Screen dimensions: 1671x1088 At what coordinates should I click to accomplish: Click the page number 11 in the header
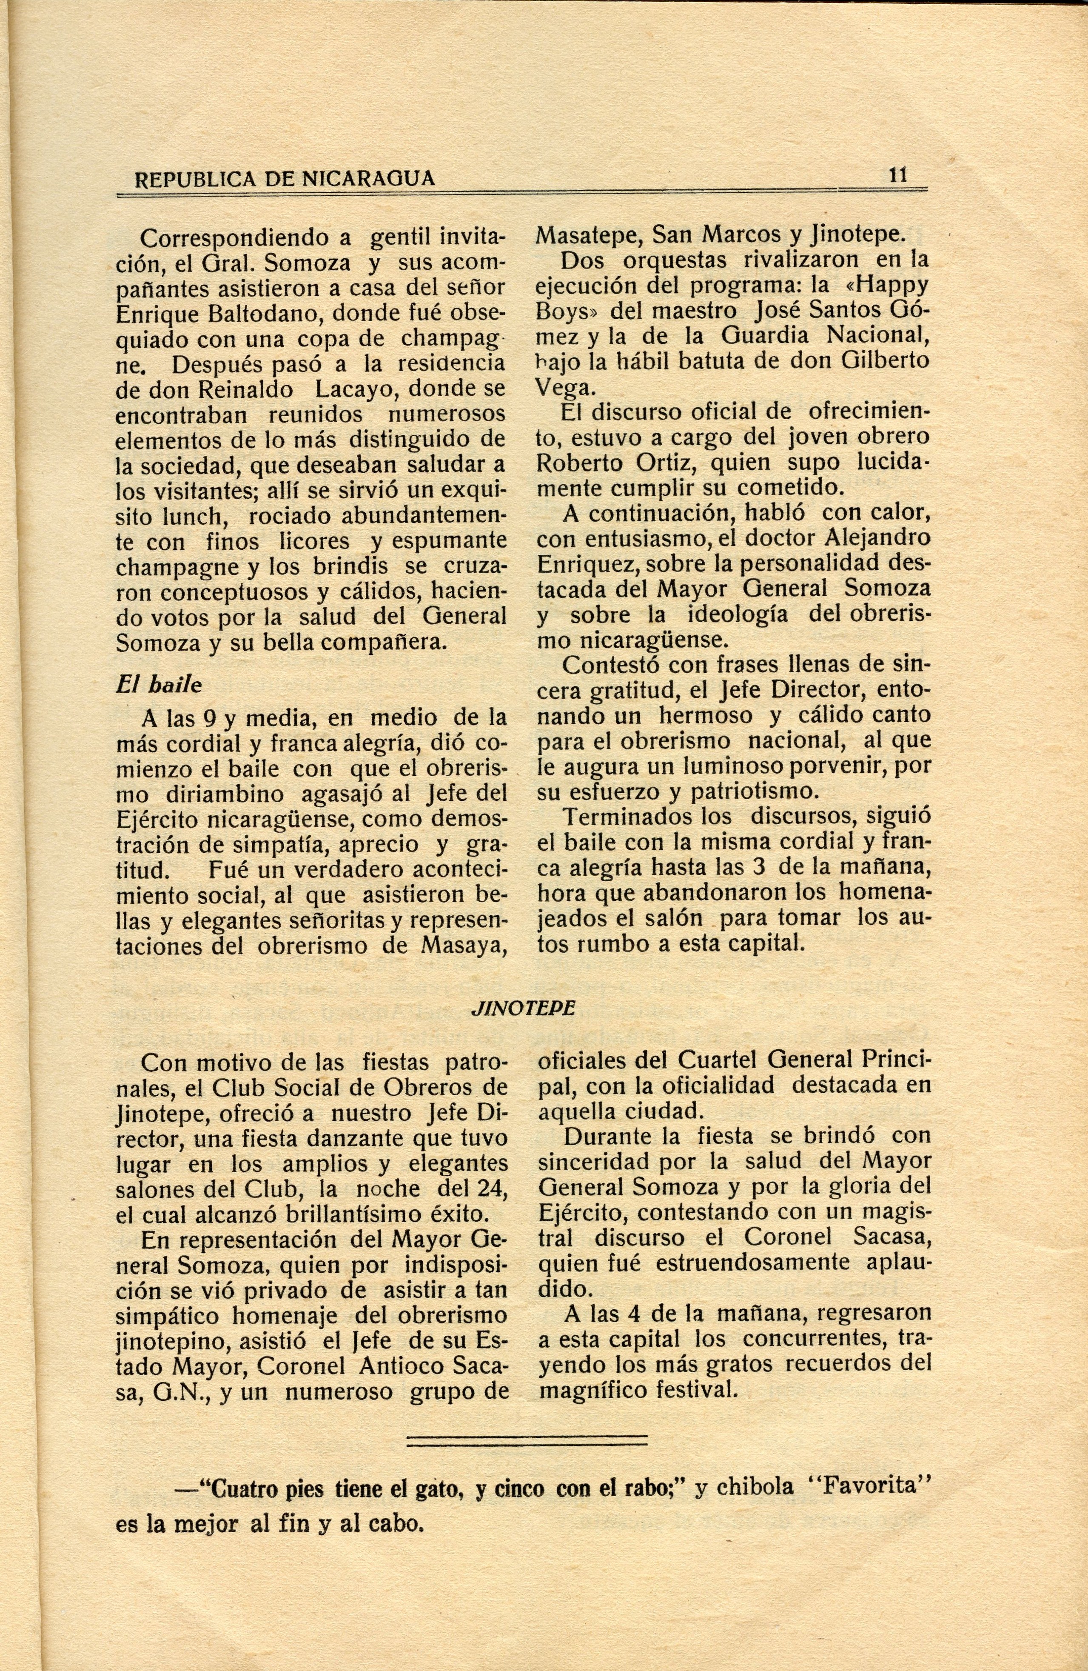pos(898,175)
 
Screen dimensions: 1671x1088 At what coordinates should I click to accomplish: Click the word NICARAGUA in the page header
pos(368,180)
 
